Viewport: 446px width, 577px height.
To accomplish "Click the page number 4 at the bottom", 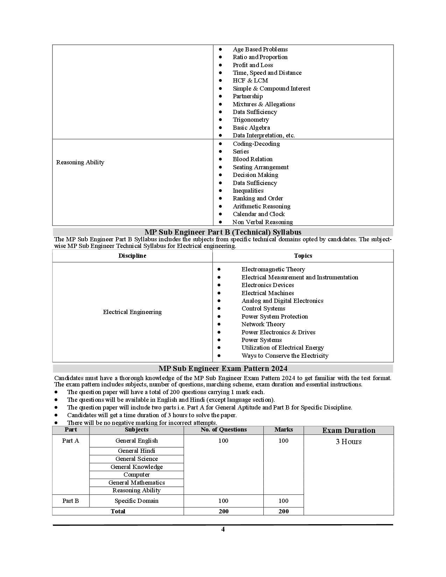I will [x=223, y=529].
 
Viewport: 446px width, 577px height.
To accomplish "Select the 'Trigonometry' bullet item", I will [x=250, y=120].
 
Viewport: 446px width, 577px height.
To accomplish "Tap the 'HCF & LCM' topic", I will [x=250, y=80].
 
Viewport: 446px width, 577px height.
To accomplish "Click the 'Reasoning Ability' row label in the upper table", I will [x=80, y=162].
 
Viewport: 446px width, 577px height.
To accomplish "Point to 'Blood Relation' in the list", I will [x=252, y=159].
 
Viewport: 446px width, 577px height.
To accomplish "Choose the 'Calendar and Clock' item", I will [x=259, y=214].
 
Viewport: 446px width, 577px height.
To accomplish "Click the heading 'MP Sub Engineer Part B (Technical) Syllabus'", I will [x=223, y=232].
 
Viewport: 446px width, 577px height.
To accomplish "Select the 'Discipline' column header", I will [x=132, y=256].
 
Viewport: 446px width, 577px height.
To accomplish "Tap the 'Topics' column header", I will [x=303, y=256].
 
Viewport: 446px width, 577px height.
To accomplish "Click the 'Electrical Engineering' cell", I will [x=132, y=312].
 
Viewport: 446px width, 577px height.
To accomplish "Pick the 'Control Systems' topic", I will [x=263, y=308].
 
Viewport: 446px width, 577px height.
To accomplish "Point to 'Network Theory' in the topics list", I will [x=263, y=324].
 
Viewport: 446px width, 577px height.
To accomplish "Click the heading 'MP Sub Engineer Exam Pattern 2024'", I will [x=223, y=369].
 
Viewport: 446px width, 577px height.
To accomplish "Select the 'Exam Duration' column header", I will [x=348, y=430].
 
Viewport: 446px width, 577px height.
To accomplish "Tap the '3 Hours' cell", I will [x=348, y=442].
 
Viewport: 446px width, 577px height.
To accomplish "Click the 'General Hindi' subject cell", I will [x=136, y=451].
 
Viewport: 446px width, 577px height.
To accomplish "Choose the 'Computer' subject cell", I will [x=136, y=475].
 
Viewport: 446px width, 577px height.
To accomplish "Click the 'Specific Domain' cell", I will [x=136, y=501].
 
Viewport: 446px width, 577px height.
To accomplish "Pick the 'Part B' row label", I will [x=71, y=501].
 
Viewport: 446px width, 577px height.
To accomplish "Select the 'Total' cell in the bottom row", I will [x=118, y=511].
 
